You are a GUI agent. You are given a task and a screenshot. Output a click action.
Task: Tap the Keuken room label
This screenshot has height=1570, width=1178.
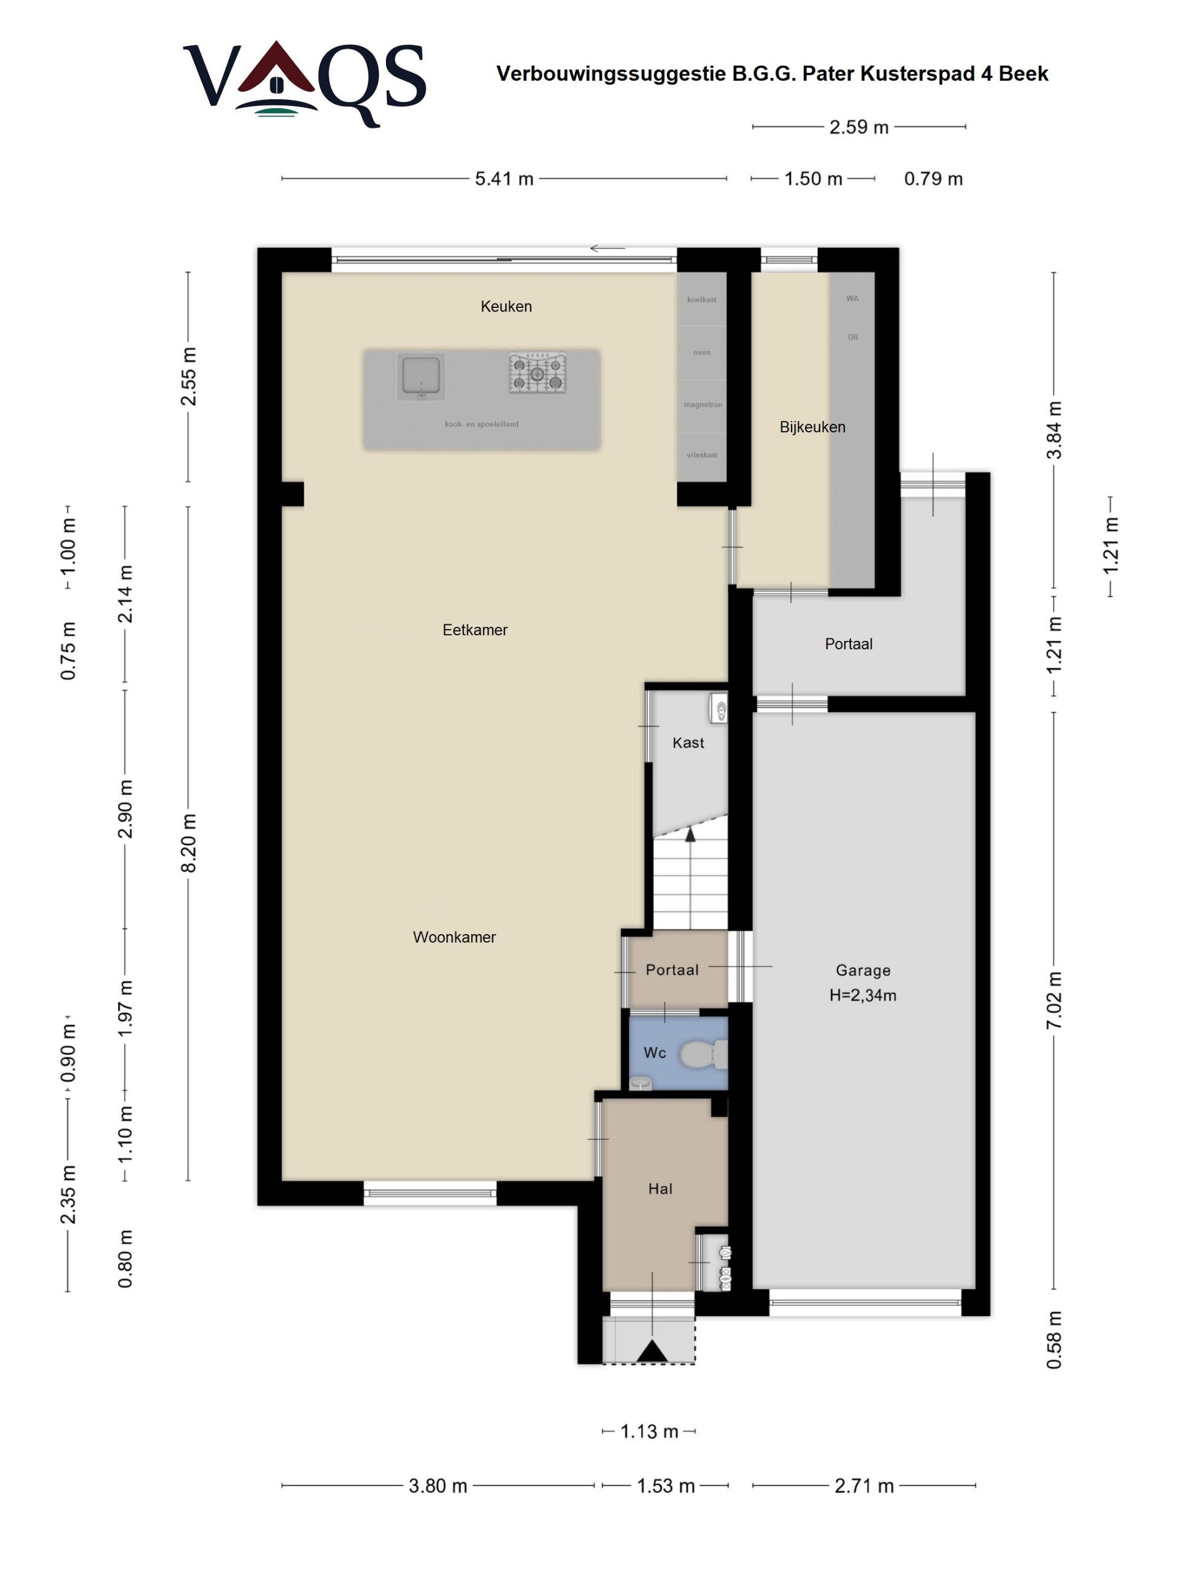point(506,306)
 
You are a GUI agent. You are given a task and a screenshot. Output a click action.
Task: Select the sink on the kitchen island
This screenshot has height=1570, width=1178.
point(421,375)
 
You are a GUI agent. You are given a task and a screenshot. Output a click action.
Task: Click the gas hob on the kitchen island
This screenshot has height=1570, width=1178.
point(537,373)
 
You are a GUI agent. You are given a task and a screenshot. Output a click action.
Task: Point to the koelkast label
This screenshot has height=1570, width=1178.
point(701,299)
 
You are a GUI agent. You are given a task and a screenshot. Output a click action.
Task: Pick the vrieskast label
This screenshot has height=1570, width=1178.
point(701,455)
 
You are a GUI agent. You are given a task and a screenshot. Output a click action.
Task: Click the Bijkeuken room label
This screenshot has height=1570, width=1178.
point(812,427)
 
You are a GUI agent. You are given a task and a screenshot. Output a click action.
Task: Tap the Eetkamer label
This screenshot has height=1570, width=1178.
point(474,630)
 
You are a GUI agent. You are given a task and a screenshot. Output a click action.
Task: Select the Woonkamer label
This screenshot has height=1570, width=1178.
point(455,937)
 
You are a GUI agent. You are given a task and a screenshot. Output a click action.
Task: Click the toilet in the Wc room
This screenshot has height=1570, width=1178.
point(703,1055)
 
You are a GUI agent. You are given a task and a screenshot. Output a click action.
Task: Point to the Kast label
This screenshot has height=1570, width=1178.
point(688,743)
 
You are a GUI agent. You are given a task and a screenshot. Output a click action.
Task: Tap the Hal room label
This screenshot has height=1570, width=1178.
point(660,1189)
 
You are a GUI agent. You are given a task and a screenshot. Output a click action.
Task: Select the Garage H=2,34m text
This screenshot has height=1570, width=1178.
point(863,983)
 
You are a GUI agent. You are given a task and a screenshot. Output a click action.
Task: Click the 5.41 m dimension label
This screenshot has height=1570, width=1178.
point(504,179)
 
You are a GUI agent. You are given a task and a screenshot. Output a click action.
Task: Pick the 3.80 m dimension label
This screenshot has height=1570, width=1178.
point(437,1485)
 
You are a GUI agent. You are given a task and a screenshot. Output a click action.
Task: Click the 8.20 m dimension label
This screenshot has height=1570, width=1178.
point(188,843)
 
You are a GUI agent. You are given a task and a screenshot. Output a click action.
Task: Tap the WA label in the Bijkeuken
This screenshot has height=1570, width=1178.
point(852,299)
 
